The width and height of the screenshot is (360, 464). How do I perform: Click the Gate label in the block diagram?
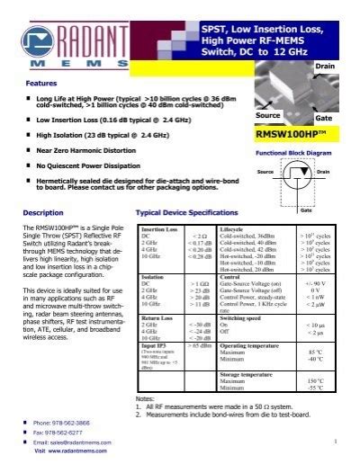tap(306, 210)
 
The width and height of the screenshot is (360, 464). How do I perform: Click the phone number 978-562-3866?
tap(63, 422)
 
